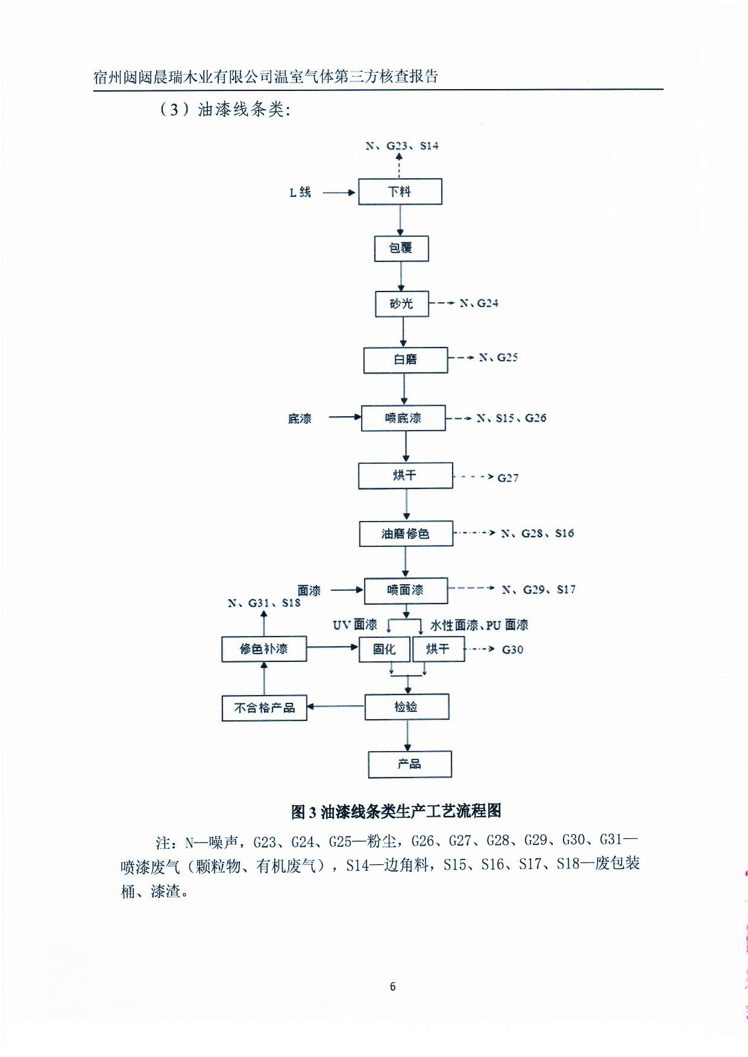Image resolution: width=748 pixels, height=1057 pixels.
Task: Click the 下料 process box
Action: tap(400, 192)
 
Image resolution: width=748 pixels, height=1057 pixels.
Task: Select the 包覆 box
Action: tap(401, 248)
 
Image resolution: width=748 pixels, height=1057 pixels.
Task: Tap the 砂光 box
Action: tap(401, 304)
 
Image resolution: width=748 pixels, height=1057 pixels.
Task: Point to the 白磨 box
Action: tap(405, 360)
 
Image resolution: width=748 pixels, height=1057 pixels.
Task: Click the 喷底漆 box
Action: tap(403, 418)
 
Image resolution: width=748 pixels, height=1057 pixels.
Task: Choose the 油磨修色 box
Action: tap(406, 534)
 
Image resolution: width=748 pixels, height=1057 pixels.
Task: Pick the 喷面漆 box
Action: tap(406, 590)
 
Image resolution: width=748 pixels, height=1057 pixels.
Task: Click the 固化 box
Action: tap(384, 649)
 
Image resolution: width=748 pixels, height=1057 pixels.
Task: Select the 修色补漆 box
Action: tap(263, 649)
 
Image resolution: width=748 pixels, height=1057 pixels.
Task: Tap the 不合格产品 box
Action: tap(264, 708)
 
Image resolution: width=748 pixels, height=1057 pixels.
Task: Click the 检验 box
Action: tap(406, 706)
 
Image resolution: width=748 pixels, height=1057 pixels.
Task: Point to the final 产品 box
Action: tap(409, 764)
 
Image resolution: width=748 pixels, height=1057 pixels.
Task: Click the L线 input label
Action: tap(300, 192)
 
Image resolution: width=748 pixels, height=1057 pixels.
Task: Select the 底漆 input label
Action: tap(300, 419)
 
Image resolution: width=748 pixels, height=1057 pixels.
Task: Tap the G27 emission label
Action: tap(508, 478)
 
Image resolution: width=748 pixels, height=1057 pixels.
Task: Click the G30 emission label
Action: tap(512, 649)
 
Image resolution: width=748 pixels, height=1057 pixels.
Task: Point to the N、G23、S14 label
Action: tap(401, 146)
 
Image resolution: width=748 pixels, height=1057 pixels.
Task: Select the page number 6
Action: tap(393, 986)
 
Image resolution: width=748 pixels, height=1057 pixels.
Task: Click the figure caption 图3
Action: tap(396, 811)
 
